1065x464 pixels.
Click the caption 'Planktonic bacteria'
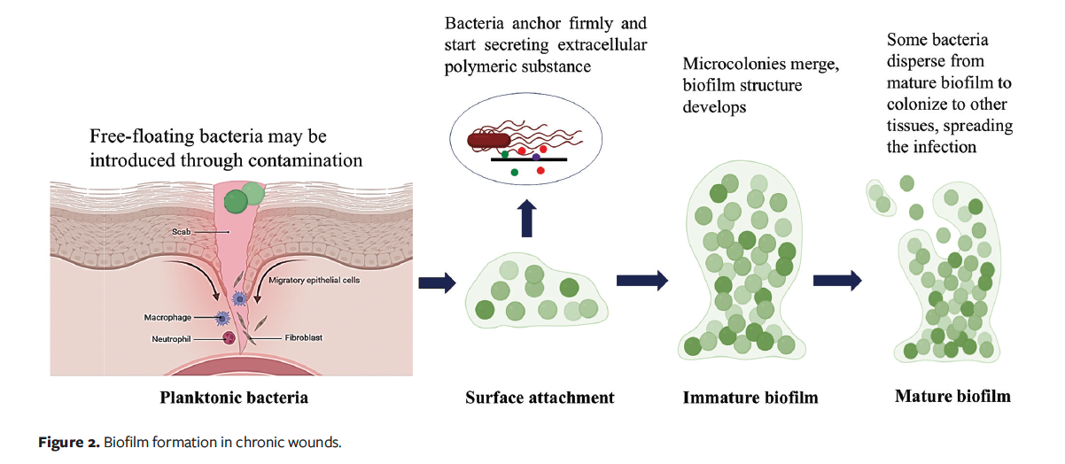(x=234, y=397)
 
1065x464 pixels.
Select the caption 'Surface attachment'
(x=540, y=397)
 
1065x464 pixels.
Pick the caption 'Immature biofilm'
(x=750, y=398)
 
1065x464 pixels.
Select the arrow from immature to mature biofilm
(x=837, y=281)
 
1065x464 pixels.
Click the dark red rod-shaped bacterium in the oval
(x=488, y=138)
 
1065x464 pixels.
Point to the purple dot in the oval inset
(x=536, y=157)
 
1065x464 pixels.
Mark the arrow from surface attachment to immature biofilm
(x=641, y=281)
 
